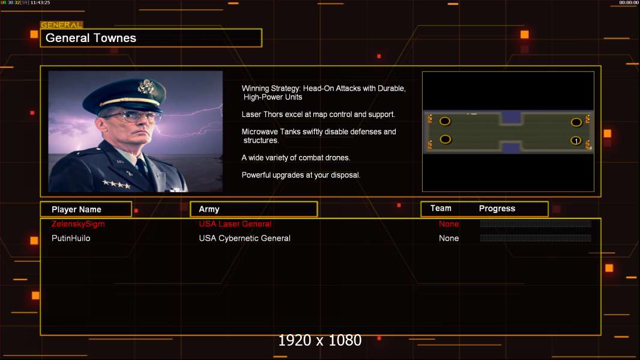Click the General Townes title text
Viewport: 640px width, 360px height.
click(x=91, y=38)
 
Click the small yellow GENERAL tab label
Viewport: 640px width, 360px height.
click(x=61, y=25)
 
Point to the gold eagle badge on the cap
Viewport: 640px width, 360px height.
click(x=146, y=86)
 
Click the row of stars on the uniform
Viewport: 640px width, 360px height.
click(x=116, y=184)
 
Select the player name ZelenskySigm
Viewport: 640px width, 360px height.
click(x=78, y=224)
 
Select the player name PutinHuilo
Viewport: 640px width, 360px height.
click(x=71, y=238)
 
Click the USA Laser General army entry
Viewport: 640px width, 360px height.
click(x=235, y=224)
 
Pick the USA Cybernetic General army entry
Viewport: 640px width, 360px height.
click(x=244, y=238)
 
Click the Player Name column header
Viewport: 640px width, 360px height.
click(x=76, y=209)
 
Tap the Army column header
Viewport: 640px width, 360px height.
click(x=209, y=209)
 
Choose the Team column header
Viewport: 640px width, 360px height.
click(x=441, y=208)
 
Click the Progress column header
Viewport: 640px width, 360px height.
click(x=497, y=209)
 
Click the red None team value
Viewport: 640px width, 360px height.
click(x=448, y=224)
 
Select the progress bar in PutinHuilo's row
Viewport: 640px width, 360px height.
click(x=536, y=238)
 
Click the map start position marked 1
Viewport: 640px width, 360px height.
click(x=576, y=140)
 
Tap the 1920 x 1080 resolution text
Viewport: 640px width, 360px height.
click(x=319, y=340)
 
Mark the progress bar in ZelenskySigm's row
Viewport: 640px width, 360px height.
click(x=536, y=224)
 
